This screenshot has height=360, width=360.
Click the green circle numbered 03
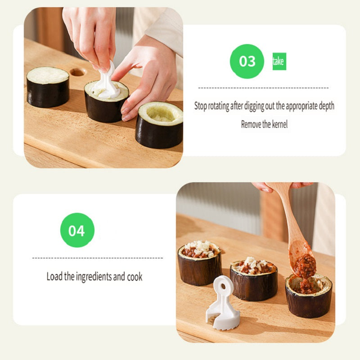coord(247,61)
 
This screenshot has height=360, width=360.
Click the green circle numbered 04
coord(77,230)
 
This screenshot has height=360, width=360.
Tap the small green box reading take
coord(279,61)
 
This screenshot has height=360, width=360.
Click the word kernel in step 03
coord(279,125)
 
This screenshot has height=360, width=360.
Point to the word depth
coord(327,106)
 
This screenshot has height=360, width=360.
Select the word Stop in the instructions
coord(200,106)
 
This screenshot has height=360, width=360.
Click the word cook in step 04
coord(135,277)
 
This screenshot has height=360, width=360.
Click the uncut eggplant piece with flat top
coord(48,87)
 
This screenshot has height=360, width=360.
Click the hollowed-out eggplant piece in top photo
coord(159,125)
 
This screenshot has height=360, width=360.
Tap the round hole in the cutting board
coord(77,72)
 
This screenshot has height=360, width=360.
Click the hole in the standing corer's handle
coord(223,286)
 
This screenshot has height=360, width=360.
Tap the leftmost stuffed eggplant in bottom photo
coord(199,263)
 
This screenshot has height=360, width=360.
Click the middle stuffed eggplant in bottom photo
coord(254,279)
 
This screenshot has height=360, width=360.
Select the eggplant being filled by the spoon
coord(309,296)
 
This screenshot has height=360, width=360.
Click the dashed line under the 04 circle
coord(98,258)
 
